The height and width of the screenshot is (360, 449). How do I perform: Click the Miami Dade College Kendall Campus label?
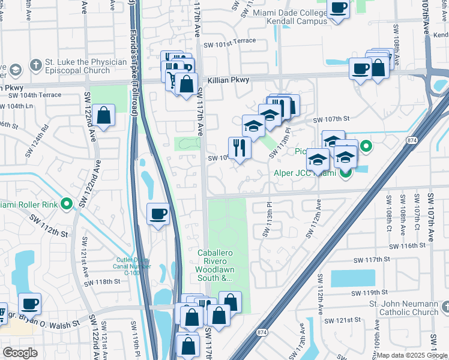click(289, 16)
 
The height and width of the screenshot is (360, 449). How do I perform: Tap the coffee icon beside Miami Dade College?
click(338, 8)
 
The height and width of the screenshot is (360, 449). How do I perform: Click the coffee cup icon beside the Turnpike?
click(158, 214)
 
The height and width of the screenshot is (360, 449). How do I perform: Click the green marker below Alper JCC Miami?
click(345, 175)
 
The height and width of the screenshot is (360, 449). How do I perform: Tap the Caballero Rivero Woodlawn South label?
click(214, 265)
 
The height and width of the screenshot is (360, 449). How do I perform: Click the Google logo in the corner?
click(20, 353)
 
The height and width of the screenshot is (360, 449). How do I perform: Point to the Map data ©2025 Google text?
click(411, 355)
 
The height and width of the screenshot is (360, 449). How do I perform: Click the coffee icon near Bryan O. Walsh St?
click(29, 304)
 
